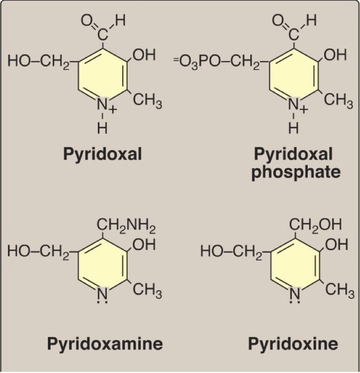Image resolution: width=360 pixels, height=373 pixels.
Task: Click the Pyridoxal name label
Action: coord(102,154)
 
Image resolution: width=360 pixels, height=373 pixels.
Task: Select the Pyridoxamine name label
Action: coord(105,343)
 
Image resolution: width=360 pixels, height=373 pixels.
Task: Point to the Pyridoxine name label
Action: coord(293,344)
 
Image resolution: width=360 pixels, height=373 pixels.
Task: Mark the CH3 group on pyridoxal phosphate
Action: coord(338,102)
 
